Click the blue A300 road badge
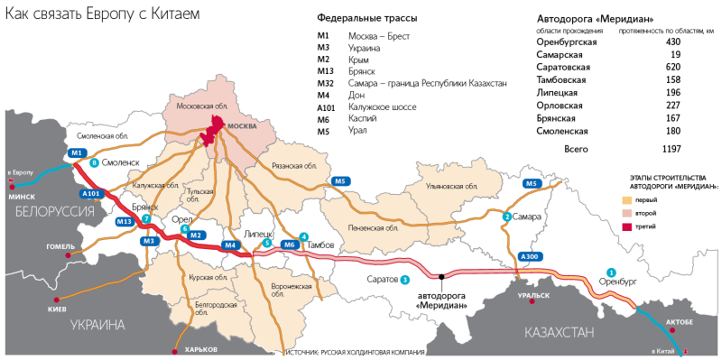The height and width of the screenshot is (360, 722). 530,257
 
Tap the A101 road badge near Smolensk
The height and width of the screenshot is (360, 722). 90,194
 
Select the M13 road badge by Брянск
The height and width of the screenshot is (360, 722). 125,221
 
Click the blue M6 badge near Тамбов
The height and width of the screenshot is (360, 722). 289,245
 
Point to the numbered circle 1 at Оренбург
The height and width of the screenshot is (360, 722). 611,272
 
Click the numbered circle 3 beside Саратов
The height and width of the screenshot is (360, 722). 405,280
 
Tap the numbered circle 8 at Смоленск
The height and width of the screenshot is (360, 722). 93,163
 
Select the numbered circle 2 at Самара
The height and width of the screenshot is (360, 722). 507,217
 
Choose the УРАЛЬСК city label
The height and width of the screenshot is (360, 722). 533,295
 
